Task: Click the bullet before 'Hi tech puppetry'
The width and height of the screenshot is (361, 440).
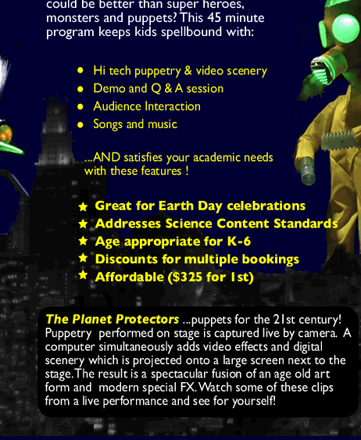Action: pos(80,70)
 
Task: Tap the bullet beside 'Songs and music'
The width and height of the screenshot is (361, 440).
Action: pos(80,124)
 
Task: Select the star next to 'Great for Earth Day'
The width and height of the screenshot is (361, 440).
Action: pos(83,207)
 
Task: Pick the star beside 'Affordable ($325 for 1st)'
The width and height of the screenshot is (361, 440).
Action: pos(83,275)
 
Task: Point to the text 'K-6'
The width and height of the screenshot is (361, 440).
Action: pos(239,241)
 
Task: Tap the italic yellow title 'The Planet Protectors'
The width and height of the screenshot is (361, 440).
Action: pos(113,320)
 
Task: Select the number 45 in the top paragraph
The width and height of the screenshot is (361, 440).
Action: pos(214,17)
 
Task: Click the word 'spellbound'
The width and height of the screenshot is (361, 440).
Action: pos(191,32)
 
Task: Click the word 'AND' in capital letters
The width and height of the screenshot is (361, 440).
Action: pos(106,157)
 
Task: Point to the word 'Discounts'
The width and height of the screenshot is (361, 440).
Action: pos(127,259)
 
